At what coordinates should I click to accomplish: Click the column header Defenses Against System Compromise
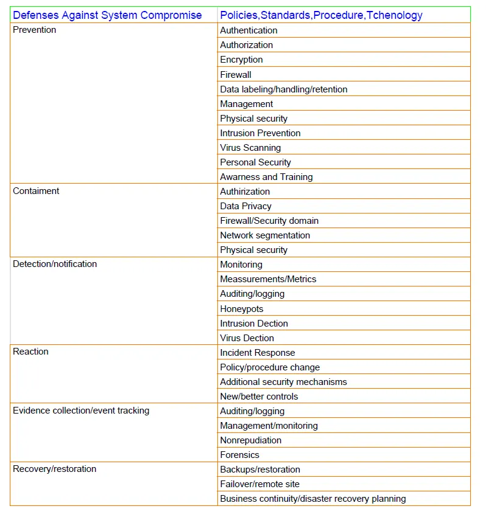coord(107,15)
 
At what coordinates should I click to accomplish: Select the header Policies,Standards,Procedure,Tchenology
coord(321,15)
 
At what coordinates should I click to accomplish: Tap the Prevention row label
coord(35,30)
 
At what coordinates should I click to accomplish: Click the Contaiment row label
coord(36,191)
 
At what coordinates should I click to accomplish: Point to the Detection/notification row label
coord(55,264)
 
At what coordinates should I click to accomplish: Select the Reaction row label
coord(30,352)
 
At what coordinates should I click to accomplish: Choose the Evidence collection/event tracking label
coord(81,411)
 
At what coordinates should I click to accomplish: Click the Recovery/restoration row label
coord(55,469)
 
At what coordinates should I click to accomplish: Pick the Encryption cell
coord(241,60)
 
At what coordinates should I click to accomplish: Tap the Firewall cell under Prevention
coord(236,75)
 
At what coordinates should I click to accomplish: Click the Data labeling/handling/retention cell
coord(284,89)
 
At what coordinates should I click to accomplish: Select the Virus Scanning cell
coord(250,148)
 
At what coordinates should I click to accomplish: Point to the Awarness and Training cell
coord(266,177)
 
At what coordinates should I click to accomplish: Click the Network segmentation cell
coord(265,235)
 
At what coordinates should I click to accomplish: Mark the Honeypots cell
coord(242,309)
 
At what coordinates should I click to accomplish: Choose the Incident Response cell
coord(258,353)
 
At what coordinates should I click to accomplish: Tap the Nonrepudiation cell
coord(251,440)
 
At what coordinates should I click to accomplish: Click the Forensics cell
coord(239,455)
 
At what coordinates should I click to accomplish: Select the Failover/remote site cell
coord(259,484)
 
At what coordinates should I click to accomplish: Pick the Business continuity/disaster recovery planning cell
coord(313,499)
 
